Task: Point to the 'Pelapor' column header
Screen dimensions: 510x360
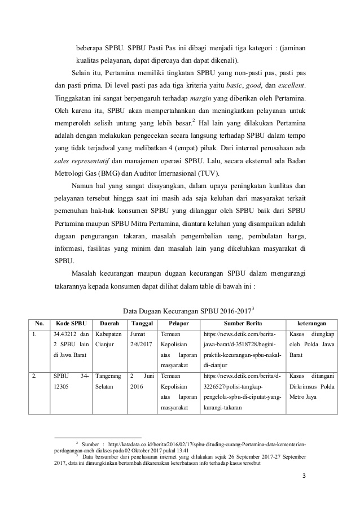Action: click(178, 324)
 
